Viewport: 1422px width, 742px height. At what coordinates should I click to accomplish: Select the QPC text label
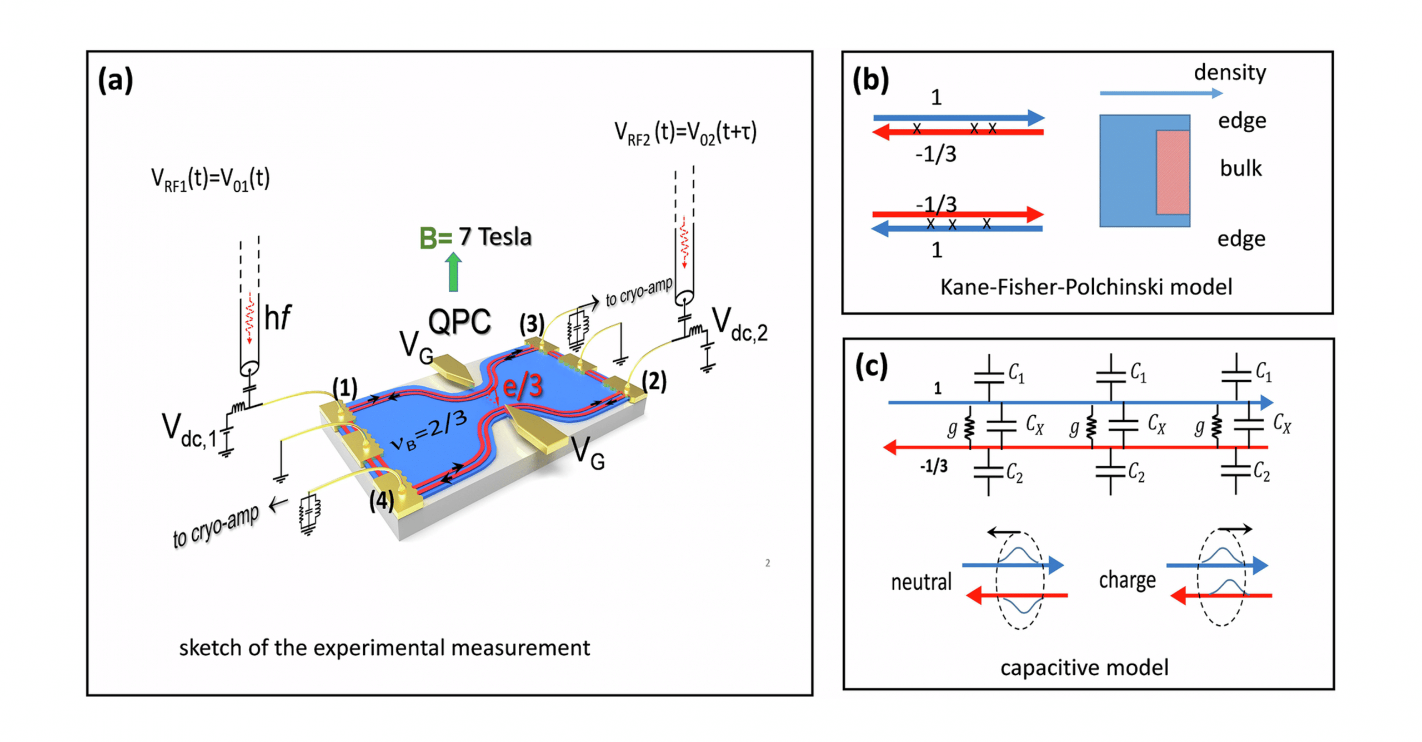[459, 321]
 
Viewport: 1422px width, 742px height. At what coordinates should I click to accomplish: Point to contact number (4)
[382, 500]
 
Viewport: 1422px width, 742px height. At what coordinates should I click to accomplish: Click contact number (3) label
[531, 323]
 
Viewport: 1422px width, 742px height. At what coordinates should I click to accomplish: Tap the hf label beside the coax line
[278, 317]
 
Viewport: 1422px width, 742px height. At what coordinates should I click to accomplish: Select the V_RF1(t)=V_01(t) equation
[211, 180]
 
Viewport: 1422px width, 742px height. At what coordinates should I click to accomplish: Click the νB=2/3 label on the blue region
[428, 431]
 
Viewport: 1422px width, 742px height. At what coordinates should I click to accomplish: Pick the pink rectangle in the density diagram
[1172, 172]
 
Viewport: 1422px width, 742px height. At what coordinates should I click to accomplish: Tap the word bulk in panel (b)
[1240, 168]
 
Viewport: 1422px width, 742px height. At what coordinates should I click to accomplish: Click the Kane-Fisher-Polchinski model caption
[1085, 287]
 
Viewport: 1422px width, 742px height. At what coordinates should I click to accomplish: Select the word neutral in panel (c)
[920, 581]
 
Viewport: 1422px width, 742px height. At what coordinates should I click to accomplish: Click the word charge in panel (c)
[1126, 580]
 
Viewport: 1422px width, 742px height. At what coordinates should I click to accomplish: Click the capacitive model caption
[1084, 667]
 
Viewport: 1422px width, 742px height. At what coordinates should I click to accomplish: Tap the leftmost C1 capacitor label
[1016, 373]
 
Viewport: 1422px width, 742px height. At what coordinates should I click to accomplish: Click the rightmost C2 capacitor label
[1261, 472]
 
